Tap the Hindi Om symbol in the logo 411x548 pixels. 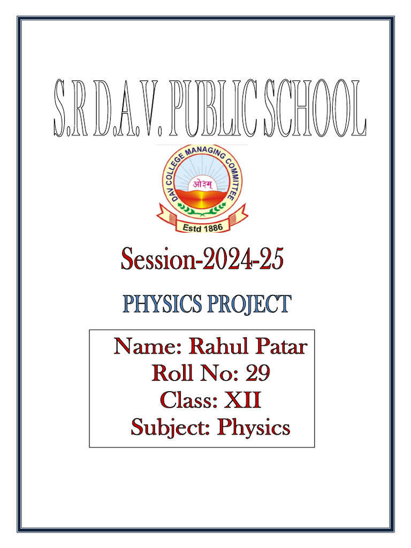[x=202, y=185]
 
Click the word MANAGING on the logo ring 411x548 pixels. [x=202, y=153]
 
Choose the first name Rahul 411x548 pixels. [x=216, y=347]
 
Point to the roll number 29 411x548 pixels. [x=257, y=374]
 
